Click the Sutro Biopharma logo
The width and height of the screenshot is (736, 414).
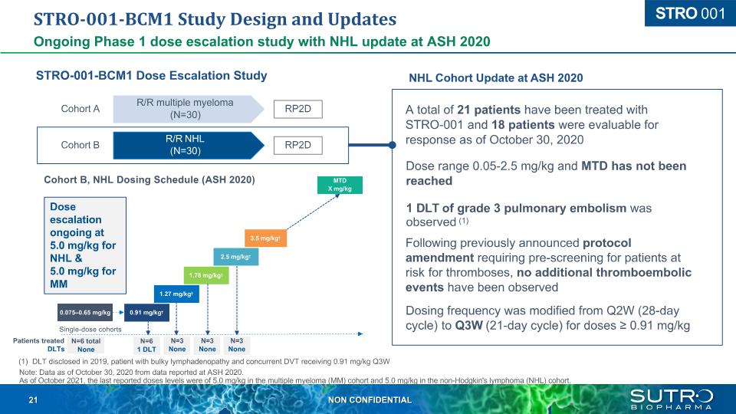tap(672, 399)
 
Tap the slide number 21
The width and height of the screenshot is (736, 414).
tap(33, 400)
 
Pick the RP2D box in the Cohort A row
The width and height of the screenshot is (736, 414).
tap(298, 109)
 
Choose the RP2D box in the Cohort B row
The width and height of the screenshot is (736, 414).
tap(298, 145)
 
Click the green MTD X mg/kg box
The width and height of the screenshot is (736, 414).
tap(340, 185)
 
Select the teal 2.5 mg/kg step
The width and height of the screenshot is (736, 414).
tap(235, 257)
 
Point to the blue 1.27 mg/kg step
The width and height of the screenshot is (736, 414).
tap(176, 294)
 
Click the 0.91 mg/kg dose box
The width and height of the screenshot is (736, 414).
tap(146, 312)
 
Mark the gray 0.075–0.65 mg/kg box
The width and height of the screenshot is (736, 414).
tap(85, 312)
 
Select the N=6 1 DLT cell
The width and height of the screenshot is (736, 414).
tap(145, 345)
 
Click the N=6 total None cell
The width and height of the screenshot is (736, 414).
tap(85, 345)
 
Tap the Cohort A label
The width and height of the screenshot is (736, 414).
tap(80, 109)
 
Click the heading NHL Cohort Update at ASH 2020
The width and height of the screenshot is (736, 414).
tap(495, 77)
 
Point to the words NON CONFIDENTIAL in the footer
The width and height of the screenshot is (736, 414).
tap(370, 400)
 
